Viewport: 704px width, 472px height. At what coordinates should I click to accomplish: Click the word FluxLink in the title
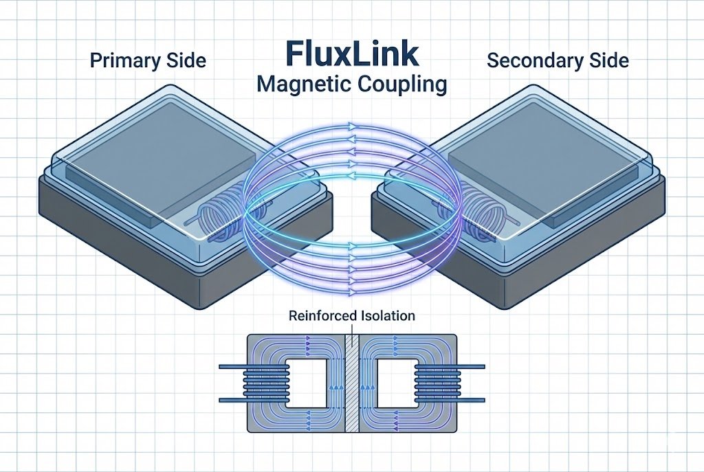(351, 55)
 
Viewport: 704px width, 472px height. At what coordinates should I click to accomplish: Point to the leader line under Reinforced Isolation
(351, 328)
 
